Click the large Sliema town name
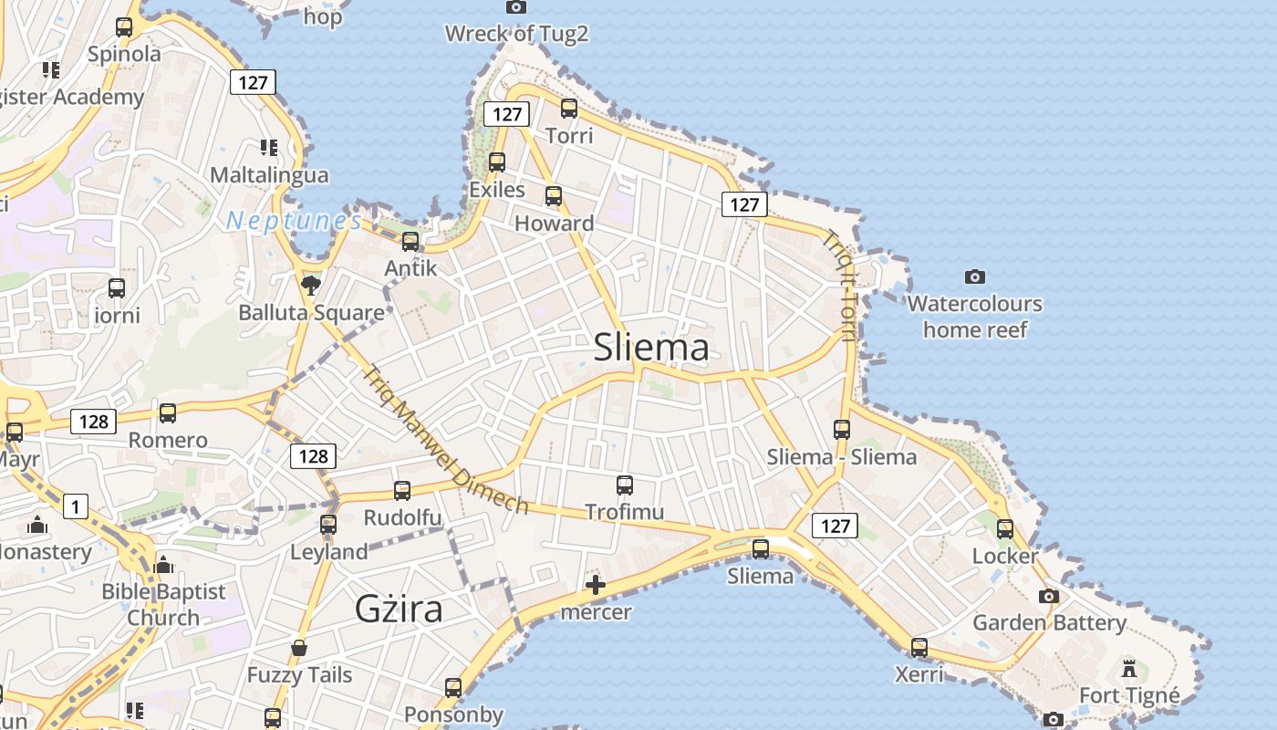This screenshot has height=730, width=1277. coord(651,348)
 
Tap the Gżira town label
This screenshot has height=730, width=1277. coord(399,609)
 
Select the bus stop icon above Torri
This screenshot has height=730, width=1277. coord(569,109)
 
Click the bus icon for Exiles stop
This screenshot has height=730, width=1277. coord(497,162)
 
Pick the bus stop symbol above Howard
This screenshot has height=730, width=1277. coord(554,196)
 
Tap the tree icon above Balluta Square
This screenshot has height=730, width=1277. coord(311,285)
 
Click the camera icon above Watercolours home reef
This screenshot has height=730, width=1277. coord(975,276)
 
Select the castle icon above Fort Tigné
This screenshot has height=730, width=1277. coord(1129,668)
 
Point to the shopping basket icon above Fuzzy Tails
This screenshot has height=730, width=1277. coord(299,648)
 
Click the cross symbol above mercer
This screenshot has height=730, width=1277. coord(596,584)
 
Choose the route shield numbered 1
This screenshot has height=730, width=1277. coord(76,506)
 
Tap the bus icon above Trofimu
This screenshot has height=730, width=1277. coord(625,485)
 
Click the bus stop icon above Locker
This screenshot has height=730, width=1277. coord(1005,529)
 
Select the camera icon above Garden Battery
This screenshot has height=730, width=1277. coord(1049,597)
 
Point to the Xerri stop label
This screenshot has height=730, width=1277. coord(919,674)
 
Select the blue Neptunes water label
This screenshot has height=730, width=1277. coord(294,221)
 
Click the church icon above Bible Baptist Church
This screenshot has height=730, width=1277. coord(164,566)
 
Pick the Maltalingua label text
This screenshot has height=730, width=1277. coord(269,174)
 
